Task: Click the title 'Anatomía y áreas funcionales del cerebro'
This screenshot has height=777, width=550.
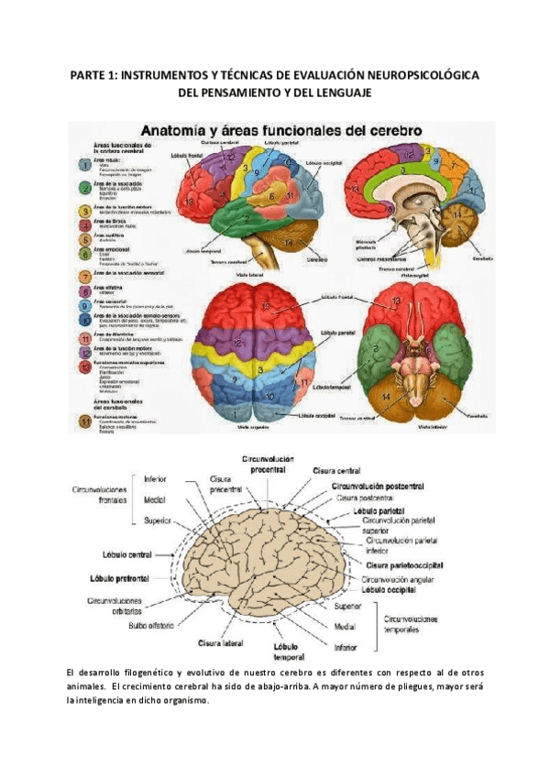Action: point(279,130)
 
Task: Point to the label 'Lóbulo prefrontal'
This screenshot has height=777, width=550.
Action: point(120,579)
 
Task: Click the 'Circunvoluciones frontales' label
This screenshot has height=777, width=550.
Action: point(100,496)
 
